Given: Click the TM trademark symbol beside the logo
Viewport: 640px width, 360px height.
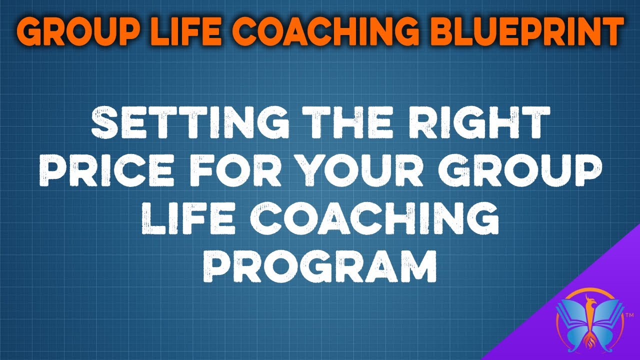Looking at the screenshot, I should coord(629,315).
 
